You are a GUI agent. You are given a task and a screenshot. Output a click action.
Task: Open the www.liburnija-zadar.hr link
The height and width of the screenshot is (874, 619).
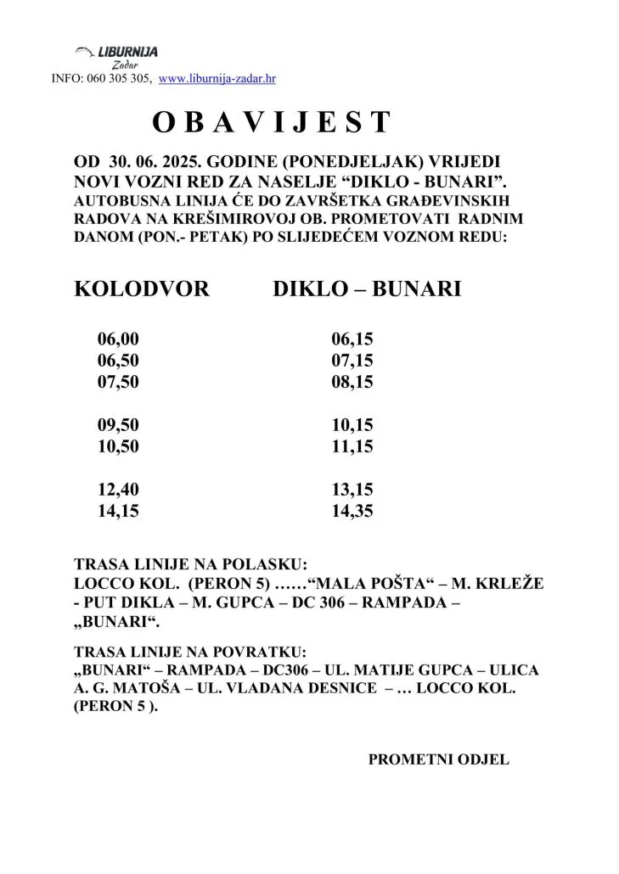[x=217, y=79]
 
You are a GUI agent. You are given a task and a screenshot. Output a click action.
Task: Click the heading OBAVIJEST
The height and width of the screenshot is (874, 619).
[x=272, y=123]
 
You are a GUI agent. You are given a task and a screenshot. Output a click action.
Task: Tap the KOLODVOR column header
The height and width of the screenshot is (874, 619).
[x=142, y=289]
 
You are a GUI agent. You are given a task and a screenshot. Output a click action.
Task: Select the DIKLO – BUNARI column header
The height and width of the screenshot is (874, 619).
[x=367, y=289]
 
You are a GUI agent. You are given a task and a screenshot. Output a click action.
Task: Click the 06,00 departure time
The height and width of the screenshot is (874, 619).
[x=118, y=339]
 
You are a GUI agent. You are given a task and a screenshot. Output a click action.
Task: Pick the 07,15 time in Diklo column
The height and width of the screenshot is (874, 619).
[x=352, y=361]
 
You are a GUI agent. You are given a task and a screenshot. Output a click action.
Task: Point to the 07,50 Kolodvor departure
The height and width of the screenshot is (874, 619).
[x=118, y=382]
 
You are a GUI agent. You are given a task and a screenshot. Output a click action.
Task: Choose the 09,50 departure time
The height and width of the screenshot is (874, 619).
[x=118, y=425]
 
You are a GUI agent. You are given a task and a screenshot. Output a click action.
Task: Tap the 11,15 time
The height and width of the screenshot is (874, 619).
[x=352, y=446]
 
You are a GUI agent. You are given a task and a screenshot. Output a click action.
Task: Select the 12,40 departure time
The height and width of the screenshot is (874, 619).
[x=118, y=490]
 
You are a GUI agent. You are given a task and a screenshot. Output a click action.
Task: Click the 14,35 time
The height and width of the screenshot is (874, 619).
[x=352, y=511]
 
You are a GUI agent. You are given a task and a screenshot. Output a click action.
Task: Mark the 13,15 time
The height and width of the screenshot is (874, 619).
[x=352, y=490]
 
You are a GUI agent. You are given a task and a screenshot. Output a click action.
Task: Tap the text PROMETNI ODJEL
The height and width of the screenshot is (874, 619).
[x=438, y=759]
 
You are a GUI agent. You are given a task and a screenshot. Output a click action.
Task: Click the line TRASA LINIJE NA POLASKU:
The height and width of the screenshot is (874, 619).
[x=190, y=564]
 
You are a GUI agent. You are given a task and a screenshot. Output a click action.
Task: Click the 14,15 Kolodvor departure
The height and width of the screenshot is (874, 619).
[x=118, y=511]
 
